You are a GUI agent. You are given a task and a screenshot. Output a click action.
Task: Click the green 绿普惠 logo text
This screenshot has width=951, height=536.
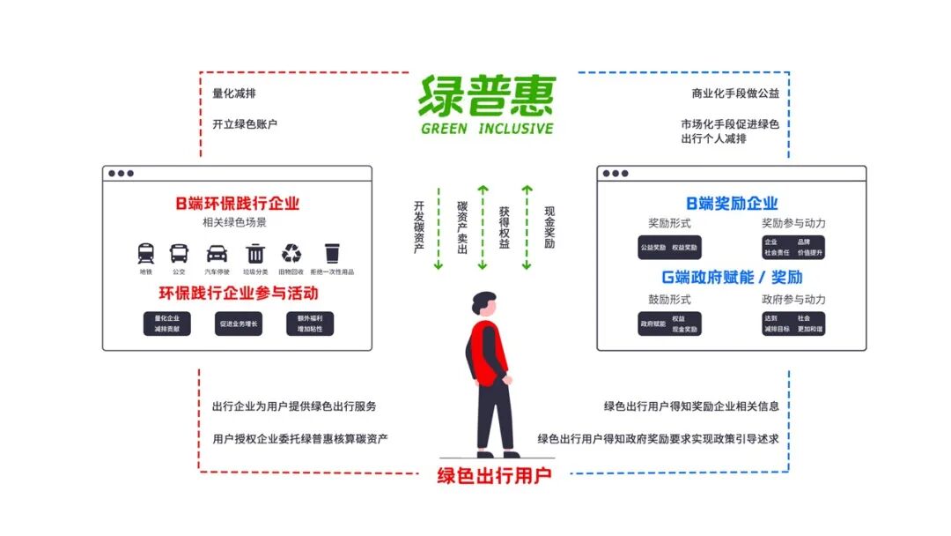(x=486, y=95)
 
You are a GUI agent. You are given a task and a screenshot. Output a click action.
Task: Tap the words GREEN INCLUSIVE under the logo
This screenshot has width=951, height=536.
(x=486, y=129)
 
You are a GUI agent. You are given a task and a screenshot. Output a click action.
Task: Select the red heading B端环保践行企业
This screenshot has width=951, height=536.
(x=237, y=204)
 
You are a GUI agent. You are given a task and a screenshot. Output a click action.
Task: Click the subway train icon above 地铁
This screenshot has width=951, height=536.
(x=146, y=254)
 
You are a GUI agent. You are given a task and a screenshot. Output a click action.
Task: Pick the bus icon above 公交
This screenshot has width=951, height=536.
(x=179, y=254)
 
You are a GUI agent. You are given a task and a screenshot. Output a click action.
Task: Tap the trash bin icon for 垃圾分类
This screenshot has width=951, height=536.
(x=255, y=254)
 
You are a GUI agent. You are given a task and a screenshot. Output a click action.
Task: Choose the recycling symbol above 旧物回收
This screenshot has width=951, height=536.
(x=290, y=254)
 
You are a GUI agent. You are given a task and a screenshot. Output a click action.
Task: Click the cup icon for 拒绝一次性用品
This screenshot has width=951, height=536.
(x=331, y=254)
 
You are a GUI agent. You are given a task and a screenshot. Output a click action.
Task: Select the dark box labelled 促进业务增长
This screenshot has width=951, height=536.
(x=239, y=324)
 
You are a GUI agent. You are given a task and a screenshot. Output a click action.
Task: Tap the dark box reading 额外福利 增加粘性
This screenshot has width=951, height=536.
(x=310, y=324)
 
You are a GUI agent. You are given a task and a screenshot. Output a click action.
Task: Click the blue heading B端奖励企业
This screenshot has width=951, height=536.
(x=732, y=204)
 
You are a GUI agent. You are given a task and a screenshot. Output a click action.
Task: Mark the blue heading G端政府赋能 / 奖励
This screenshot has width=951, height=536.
(x=732, y=277)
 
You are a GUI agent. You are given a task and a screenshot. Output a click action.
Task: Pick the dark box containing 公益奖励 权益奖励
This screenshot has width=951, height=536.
(x=669, y=248)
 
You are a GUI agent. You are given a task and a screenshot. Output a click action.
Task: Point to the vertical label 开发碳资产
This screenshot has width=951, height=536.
(x=419, y=227)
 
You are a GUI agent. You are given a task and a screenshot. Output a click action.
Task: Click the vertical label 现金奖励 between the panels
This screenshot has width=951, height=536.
(x=549, y=227)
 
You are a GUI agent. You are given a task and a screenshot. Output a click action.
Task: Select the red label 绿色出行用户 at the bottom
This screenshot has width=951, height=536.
(x=494, y=476)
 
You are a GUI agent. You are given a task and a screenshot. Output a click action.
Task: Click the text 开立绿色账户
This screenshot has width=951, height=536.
(x=245, y=124)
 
